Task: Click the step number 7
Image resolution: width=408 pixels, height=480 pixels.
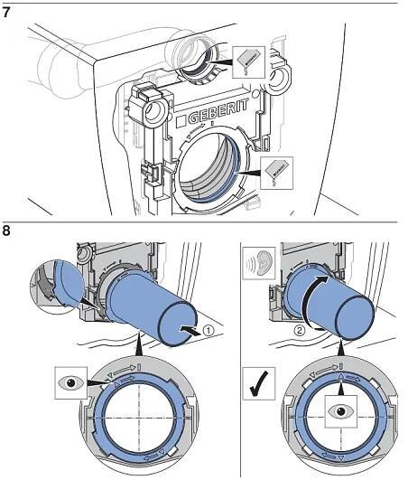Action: coord(5,14)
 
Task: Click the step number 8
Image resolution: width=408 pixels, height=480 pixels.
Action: coord(6,231)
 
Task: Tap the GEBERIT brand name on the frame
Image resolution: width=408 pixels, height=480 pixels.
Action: coord(218,111)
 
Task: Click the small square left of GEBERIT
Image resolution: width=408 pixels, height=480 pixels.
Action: coord(181,121)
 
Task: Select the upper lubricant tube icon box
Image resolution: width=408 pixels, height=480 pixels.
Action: coord(248,62)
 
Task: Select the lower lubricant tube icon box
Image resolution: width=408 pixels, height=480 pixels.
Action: coord(276,173)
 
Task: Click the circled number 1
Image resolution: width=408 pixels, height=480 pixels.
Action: coord(209,331)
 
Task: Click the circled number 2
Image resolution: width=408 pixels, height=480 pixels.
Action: coord(300,331)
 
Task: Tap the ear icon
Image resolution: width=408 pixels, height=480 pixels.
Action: coord(259,263)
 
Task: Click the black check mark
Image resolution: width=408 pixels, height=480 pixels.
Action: coord(259,384)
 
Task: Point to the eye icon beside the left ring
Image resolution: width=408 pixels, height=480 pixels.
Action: coord(71,382)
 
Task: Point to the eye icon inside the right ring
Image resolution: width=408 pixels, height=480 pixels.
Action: coord(341,411)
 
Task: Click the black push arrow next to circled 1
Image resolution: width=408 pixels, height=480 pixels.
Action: coord(191,332)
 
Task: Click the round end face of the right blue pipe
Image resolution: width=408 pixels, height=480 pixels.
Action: coord(355,317)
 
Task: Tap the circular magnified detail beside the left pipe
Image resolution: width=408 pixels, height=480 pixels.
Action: coord(57,287)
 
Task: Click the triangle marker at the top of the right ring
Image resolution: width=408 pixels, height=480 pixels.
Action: coord(341,377)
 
